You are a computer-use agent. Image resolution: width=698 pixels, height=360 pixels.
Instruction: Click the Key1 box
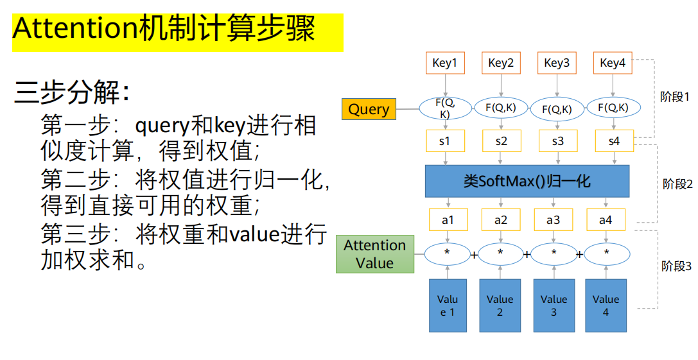coord(444,63)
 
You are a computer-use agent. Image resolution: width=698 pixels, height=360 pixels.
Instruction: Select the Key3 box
coord(556,63)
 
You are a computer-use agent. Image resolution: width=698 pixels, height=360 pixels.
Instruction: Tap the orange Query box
coord(369,109)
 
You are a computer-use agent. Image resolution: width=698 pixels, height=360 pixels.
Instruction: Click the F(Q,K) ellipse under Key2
coord(501,108)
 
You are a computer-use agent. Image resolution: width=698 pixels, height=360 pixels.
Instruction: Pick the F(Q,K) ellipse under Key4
coord(613,108)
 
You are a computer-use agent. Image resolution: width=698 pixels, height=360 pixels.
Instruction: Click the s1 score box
coord(444,141)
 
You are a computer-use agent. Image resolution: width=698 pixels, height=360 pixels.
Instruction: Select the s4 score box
coord(613,141)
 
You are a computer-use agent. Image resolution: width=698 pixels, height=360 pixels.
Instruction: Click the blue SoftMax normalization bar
coord(527,181)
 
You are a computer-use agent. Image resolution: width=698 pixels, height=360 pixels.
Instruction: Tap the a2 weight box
coord(501,220)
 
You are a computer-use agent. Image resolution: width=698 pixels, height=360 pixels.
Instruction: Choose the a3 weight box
coord(553,220)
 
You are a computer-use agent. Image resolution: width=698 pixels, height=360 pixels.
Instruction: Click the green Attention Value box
coord(374,254)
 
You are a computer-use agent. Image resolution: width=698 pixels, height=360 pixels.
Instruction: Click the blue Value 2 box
coord(500,305)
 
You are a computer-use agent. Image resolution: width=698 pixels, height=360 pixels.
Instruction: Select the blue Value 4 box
coord(606,305)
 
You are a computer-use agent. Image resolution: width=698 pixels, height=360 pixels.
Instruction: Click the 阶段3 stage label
coord(676,266)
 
